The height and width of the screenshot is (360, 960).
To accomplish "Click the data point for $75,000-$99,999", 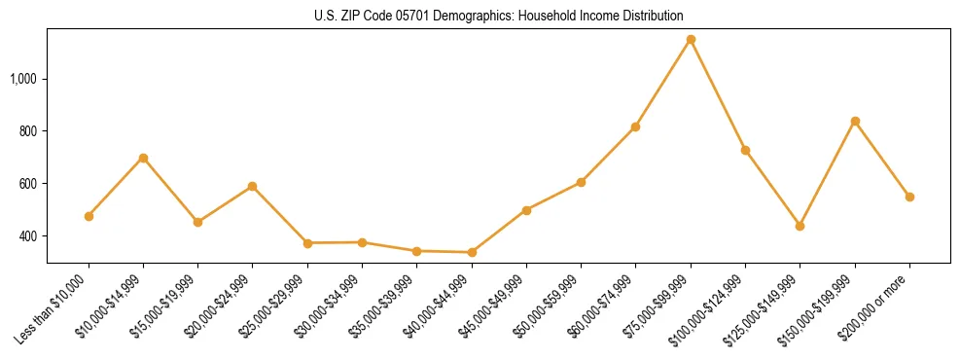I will (691, 40).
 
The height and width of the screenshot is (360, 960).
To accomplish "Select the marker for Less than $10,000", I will (89, 216).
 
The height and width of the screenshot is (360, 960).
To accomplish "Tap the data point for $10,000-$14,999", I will (143, 158).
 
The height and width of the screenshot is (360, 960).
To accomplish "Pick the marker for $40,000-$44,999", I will (472, 252).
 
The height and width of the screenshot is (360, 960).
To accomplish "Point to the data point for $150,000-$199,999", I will (855, 121).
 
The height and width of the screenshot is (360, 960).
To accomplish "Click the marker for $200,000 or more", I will (909, 197).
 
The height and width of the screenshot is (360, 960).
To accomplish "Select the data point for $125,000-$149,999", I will (800, 226).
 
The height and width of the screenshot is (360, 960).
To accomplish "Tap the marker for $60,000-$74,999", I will (635, 126).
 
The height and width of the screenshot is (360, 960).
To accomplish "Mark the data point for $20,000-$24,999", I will (253, 186).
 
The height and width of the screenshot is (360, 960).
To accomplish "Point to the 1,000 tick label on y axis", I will (23, 79).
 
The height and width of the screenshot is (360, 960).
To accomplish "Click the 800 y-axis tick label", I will (29, 131).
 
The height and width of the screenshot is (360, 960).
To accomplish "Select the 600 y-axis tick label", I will (29, 184).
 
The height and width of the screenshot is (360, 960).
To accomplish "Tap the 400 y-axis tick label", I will (29, 236).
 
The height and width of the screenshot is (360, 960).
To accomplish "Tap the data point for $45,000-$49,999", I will (526, 210).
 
